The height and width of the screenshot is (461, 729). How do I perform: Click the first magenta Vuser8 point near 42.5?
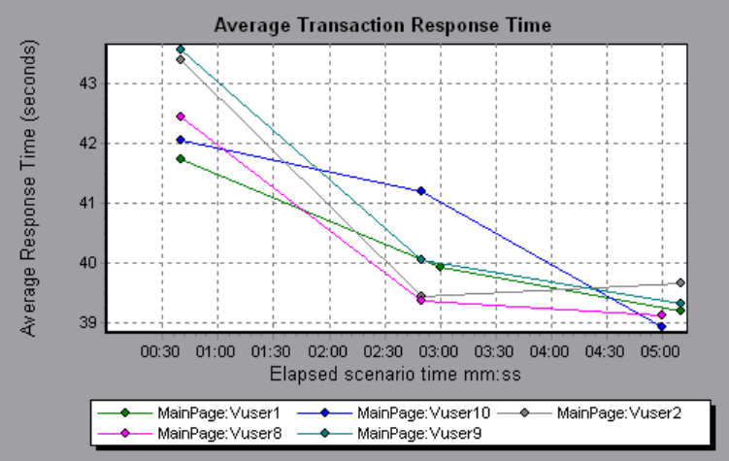180,116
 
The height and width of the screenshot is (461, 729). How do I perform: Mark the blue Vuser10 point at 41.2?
421,190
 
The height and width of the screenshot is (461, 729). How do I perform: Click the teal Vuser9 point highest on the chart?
180,49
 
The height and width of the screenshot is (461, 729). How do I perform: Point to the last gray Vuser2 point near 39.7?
680,282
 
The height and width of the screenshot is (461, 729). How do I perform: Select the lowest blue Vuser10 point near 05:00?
661,326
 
